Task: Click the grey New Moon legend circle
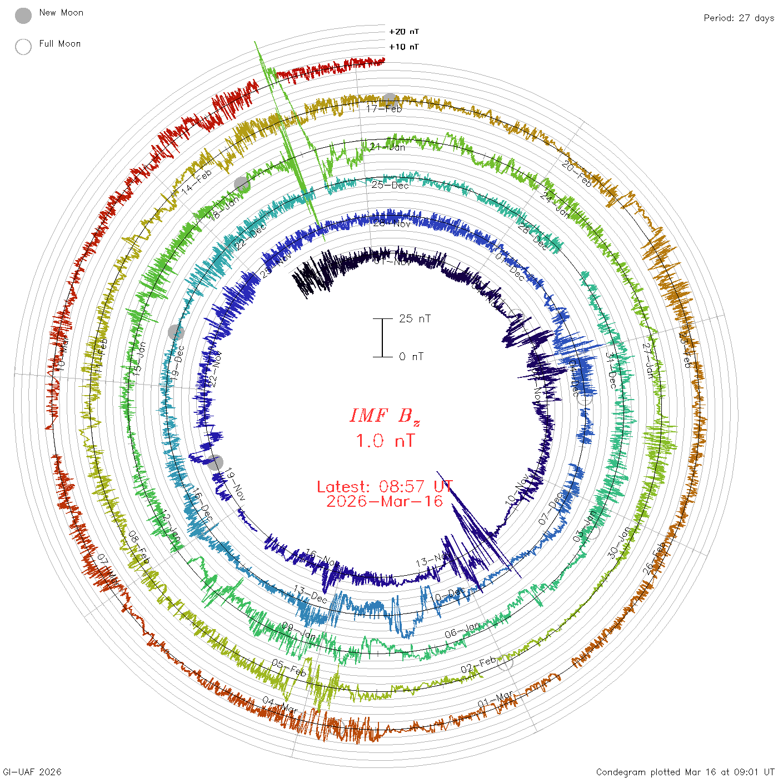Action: pos(23,16)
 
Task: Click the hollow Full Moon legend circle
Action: pos(23,47)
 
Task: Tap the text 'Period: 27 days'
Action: pos(739,18)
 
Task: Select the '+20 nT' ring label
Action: pos(404,32)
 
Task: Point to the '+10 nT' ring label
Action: pos(404,47)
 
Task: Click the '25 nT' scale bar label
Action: pos(415,318)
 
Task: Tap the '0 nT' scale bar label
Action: pos(411,356)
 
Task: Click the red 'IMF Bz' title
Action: pos(385,416)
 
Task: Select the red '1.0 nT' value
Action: pos(385,441)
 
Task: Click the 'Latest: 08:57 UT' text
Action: pos(385,487)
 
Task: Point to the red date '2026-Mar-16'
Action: pos(385,502)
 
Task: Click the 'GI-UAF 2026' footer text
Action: pos(32,772)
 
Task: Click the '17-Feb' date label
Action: pos(384,109)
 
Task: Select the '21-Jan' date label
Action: pos(388,147)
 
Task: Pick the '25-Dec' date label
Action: pos(390,185)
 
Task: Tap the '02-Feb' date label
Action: pos(478,665)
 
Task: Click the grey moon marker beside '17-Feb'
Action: pos(390,100)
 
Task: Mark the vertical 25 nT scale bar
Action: pos(382,337)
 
